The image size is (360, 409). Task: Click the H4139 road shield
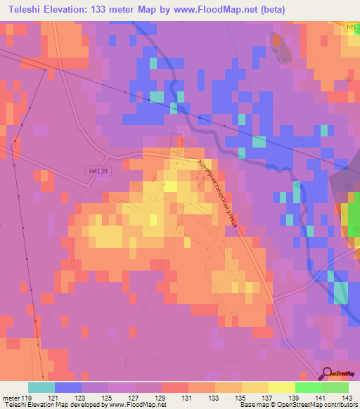click(99, 171)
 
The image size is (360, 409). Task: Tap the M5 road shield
click(351, 27)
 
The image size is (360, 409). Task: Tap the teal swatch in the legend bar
click(41, 387)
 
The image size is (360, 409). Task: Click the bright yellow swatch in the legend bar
click(281, 387)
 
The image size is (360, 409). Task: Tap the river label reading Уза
click(297, 184)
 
